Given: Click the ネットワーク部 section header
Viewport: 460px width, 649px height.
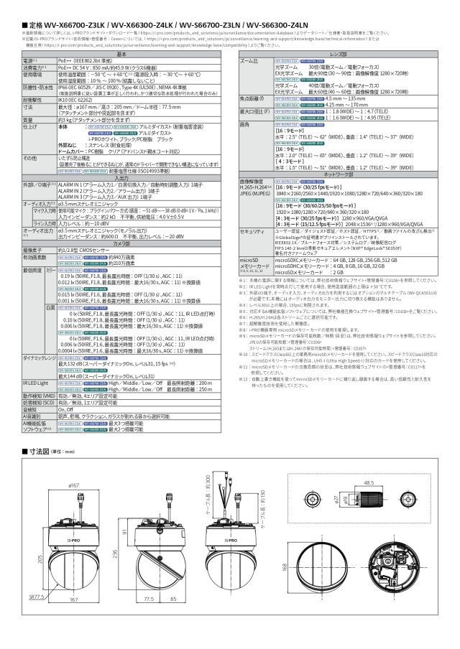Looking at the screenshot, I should point(344,174).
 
